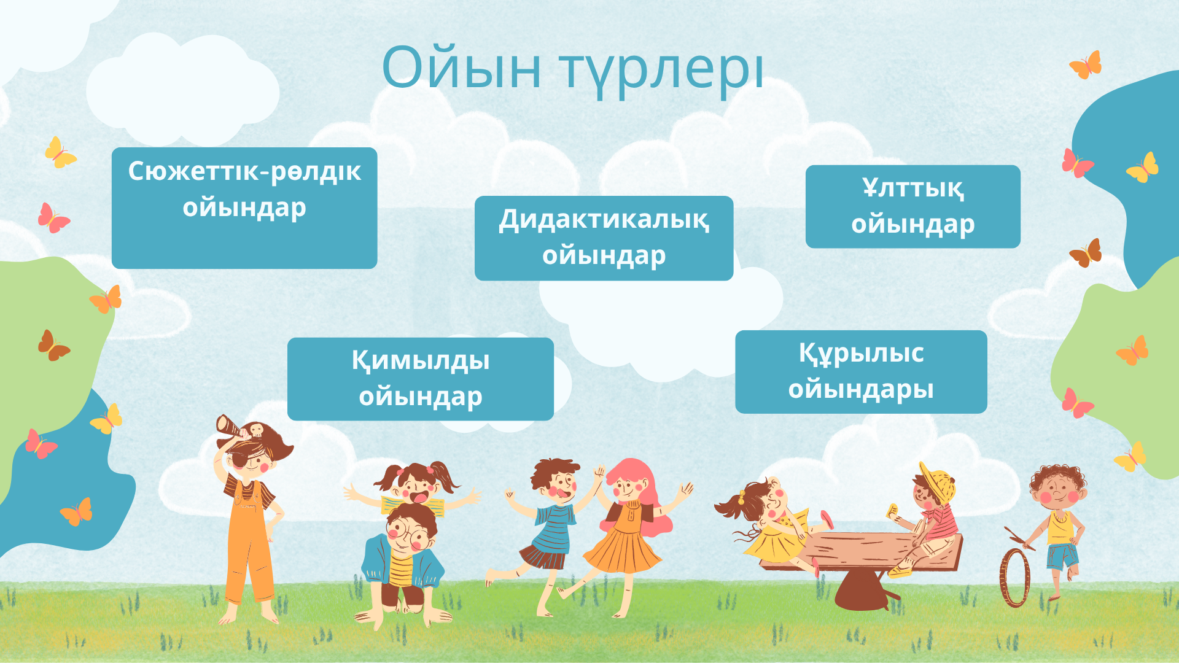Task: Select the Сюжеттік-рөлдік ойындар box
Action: [244, 208]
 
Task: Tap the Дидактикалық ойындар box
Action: [604, 238]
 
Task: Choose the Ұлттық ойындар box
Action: [913, 206]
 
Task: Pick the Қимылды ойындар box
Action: [421, 379]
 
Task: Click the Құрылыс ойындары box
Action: [861, 372]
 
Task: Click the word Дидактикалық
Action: [604, 220]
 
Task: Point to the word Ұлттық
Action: [913, 188]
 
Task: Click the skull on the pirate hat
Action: [256, 429]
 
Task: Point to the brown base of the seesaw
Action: [862, 589]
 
